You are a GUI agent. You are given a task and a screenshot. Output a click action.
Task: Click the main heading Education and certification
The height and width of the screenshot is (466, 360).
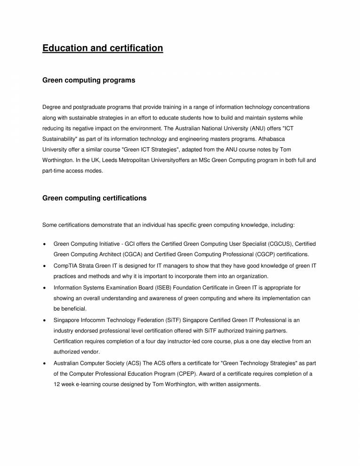(x=103, y=48)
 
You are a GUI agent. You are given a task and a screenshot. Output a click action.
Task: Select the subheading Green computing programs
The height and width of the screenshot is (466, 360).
(x=88, y=80)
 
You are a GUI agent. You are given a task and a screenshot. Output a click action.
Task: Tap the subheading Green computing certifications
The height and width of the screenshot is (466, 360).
(x=94, y=198)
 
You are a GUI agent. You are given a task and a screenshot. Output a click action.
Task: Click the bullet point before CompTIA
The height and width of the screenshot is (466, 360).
(x=44, y=266)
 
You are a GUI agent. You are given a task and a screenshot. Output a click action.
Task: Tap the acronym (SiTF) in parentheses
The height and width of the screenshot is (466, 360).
(x=163, y=320)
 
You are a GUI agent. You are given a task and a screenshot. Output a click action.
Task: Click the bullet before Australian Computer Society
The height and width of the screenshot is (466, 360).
(x=44, y=363)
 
